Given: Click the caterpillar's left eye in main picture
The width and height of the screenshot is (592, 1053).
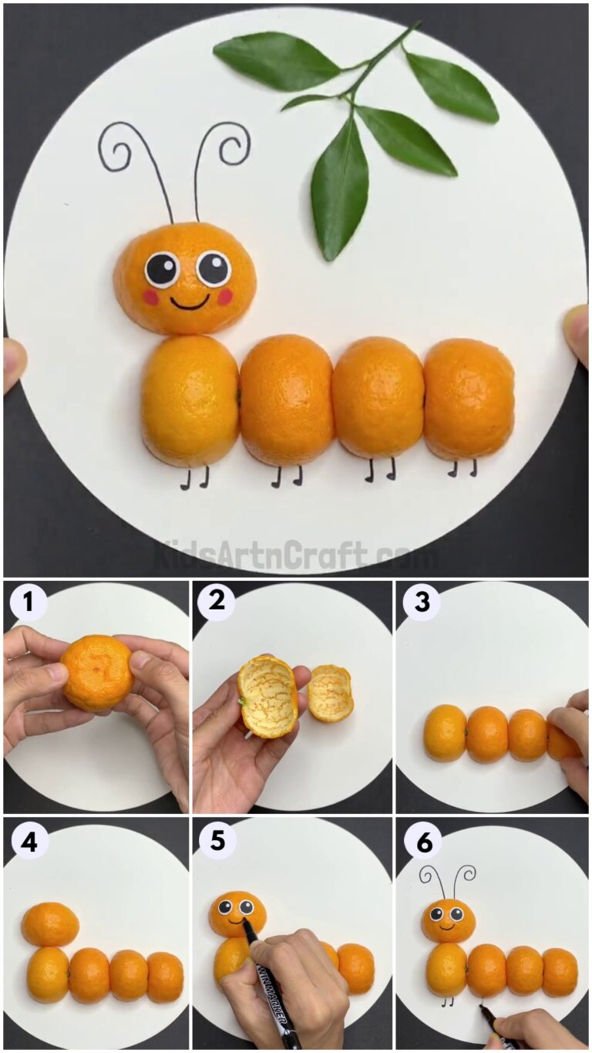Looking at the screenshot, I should click(162, 269).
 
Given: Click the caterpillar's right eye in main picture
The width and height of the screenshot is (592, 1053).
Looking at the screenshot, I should click(214, 268).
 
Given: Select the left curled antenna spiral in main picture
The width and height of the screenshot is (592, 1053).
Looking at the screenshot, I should click(116, 146).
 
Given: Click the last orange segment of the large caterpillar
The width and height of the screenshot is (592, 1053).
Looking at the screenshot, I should click(469, 399).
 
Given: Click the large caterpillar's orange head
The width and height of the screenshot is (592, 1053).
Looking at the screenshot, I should click(185, 278).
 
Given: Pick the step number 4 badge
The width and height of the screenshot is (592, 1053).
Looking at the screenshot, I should click(29, 842).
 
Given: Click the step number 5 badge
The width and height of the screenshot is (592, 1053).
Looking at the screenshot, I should click(217, 842).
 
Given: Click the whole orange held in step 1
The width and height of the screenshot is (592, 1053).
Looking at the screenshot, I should click(97, 672).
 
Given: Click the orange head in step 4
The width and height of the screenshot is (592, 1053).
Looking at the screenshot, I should click(49, 924).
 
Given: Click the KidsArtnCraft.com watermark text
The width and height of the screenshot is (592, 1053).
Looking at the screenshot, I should click(295, 554).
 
